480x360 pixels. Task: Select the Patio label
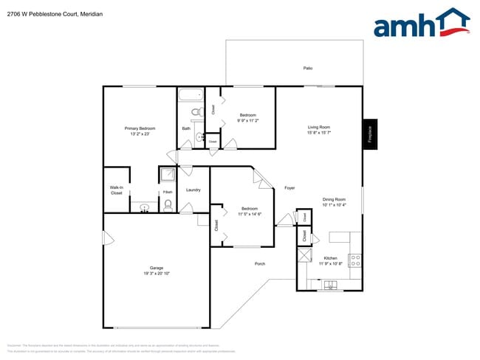[308, 68]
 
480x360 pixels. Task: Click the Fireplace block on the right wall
[369, 134]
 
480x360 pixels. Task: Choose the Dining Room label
[334, 199]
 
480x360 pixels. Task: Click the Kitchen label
[330, 258]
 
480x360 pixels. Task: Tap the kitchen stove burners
[355, 260]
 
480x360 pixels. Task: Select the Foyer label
[289, 188]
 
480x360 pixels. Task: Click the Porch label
[260, 263]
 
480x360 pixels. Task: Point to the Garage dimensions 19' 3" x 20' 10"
[157, 273]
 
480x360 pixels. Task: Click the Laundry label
[193, 190]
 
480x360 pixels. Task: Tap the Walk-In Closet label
[116, 190]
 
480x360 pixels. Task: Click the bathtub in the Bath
[191, 94]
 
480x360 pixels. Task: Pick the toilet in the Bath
[196, 113]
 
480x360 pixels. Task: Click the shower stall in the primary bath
[168, 175]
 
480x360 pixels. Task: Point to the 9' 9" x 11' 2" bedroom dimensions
[247, 120]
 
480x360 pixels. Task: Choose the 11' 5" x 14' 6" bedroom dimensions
[250, 214]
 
